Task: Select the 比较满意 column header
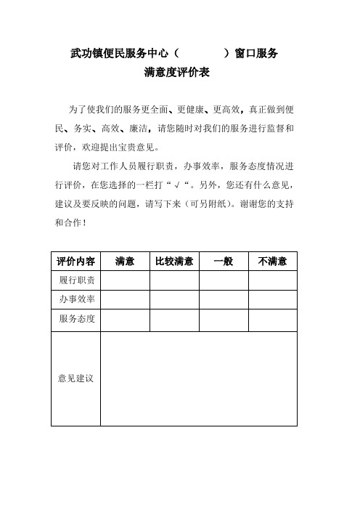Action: [x=174, y=261]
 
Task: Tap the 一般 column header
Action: [x=224, y=261]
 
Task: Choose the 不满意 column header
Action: [x=273, y=261]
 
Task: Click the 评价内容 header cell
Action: [x=76, y=261]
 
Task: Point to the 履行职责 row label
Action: [x=76, y=280]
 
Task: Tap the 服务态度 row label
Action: [x=76, y=319]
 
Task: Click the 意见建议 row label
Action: [x=76, y=379]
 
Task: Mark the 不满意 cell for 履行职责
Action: [x=273, y=280]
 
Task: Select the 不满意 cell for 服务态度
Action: [x=273, y=319]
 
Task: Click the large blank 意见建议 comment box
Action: [x=200, y=379]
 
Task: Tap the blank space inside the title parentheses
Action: [x=203, y=53]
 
